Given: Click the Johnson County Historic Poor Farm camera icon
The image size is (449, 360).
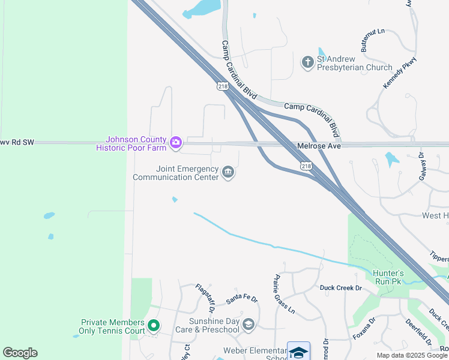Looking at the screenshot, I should pos(176,142).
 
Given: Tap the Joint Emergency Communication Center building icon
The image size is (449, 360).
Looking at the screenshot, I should pos(228,173).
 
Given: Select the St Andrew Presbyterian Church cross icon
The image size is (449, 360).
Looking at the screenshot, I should pos(307,62).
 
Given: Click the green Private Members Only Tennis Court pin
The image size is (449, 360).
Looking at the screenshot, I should pos(154,326).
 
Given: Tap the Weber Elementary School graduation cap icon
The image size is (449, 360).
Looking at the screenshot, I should pos(298,352).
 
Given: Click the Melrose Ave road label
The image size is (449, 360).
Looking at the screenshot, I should pos(319,146).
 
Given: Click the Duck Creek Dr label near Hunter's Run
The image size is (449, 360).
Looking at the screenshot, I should pos(341,289).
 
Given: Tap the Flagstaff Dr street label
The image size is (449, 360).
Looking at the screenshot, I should pos(205,299).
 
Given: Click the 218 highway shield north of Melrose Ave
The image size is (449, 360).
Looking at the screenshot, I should pos(223,87).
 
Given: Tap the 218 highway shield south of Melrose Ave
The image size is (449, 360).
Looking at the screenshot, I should pos(306,166).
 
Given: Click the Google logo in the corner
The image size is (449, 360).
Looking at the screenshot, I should pos(20,353).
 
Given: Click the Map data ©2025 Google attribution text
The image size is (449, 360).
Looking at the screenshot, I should pos(412,355).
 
